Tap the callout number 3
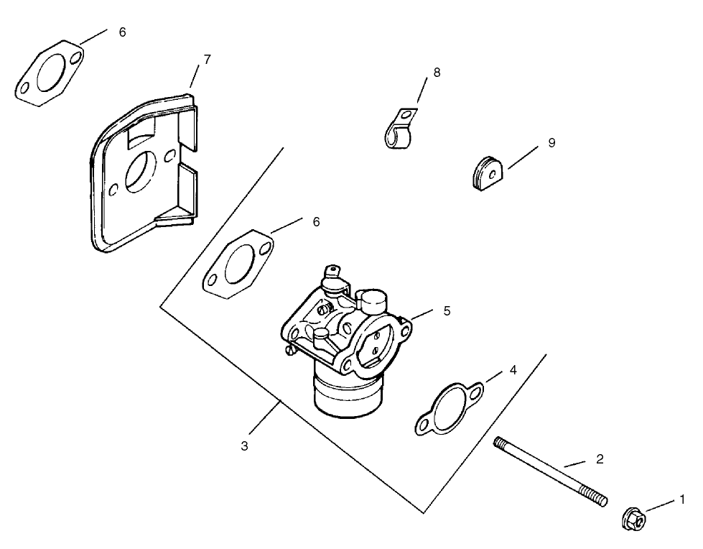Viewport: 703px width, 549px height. [x=245, y=446]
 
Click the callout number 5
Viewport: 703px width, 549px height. [x=447, y=311]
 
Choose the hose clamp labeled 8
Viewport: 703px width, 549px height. [x=399, y=130]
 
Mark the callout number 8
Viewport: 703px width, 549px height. [x=437, y=73]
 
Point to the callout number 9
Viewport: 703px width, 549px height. [x=551, y=143]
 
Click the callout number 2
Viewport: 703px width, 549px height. [x=600, y=458]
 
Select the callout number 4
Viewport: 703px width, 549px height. [x=513, y=370]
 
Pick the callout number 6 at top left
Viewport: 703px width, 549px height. [x=122, y=32]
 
